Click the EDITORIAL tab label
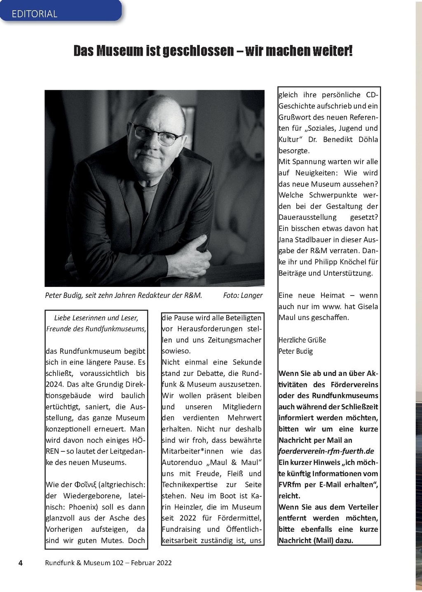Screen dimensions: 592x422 (35, 14)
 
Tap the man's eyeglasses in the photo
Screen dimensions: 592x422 (157, 134)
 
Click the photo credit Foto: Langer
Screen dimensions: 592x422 (243, 295)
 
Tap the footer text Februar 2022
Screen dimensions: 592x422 (151, 563)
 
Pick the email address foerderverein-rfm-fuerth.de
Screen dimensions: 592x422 (326, 451)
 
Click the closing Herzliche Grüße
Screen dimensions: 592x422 (302, 340)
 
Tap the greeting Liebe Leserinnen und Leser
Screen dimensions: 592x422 (96, 318)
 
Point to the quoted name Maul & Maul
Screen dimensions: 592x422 (234, 463)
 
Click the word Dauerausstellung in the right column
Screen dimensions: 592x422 (307, 217)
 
